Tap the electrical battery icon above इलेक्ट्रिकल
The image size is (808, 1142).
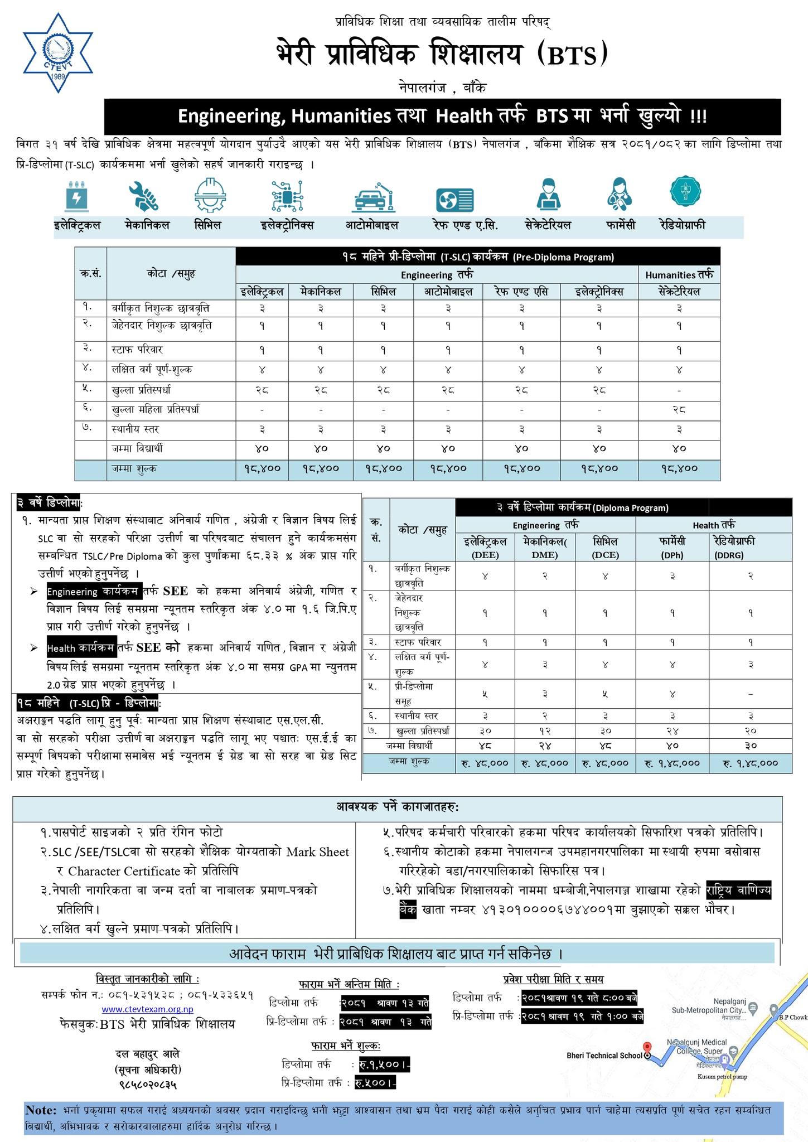tap(76, 197)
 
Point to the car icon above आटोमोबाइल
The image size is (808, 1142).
tap(375, 198)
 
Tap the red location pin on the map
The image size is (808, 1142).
tap(647, 1047)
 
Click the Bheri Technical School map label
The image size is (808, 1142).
tap(604, 1056)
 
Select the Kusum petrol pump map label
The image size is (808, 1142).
tap(722, 1077)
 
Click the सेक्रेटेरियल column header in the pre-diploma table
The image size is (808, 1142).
tap(679, 292)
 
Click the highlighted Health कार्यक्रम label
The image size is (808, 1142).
tap(81, 648)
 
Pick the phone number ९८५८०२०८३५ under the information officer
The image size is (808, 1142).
tap(148, 1085)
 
